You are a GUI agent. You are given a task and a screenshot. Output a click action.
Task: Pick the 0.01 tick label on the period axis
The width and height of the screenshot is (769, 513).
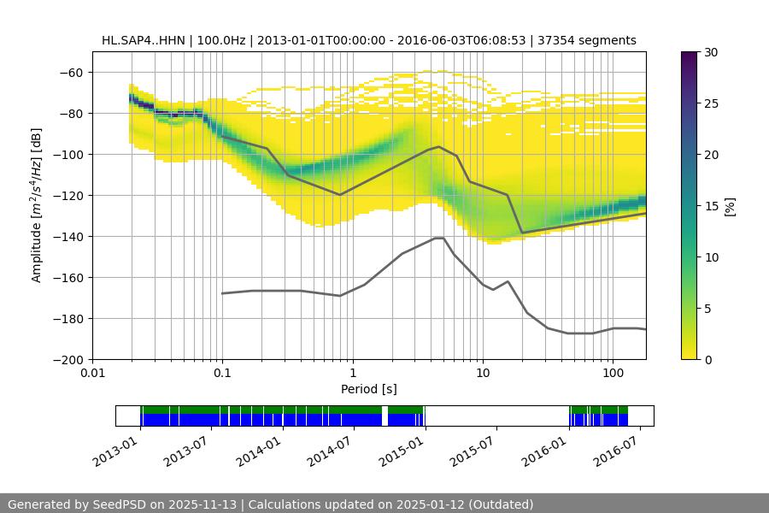92,374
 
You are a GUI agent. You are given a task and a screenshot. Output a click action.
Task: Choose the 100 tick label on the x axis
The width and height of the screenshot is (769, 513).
613,374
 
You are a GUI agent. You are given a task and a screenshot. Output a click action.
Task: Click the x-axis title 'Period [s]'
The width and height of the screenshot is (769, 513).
369,390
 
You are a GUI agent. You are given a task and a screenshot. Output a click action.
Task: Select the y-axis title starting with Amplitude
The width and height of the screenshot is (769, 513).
37,205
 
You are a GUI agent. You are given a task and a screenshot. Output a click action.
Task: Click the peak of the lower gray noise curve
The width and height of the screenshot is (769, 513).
439,238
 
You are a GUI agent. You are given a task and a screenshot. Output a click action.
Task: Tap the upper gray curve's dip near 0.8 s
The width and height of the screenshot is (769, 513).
340,195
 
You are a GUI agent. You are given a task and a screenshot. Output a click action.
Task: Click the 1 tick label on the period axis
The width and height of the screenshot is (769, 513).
353,374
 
